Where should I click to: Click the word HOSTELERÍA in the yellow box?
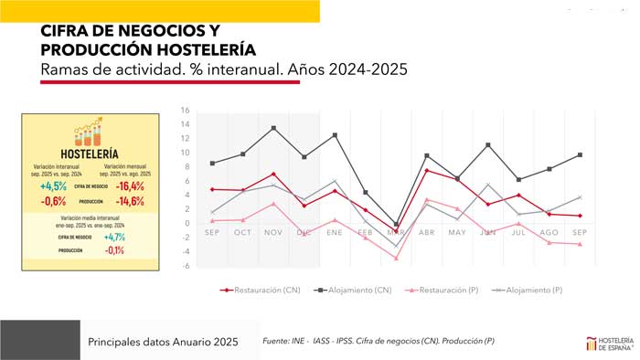coord(90,154)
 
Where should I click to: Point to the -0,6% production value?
coord(54,201)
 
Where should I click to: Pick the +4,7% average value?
coord(114,237)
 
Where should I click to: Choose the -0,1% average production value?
coord(114,249)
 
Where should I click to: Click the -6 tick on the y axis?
coord(185,266)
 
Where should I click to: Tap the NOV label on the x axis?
coord(273,232)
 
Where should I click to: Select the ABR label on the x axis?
coord(426,232)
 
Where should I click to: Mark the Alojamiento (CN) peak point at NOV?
coord(273,128)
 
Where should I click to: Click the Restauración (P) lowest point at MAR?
coord(395,259)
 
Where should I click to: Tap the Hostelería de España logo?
coord(610,343)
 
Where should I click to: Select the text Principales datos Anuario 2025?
coord(163,341)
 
